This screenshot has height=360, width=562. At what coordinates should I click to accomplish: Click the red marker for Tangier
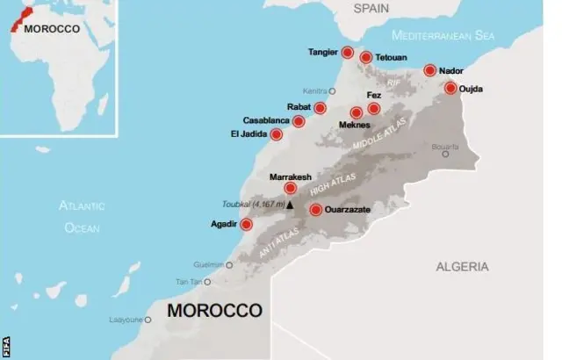pos(348,53)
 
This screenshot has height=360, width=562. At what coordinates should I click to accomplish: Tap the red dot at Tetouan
pos(366,58)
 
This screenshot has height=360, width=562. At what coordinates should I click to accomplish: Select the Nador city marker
pos(430,70)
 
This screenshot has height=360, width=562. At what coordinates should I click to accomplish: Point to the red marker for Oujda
pos(450,88)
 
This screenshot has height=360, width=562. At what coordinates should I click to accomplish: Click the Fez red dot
pos(374,109)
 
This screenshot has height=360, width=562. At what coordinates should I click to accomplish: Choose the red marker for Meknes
pos(356,112)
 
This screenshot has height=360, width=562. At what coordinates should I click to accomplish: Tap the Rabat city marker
pos(321,108)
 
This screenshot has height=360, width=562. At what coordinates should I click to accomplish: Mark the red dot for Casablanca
pos(299,121)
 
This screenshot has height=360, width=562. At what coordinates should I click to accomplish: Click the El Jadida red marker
pos(277,134)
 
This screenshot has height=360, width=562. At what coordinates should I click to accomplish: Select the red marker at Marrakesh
pos(290,187)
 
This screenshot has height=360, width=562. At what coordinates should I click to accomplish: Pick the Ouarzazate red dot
pos(315,209)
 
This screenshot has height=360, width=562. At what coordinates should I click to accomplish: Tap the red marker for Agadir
pos(246,225)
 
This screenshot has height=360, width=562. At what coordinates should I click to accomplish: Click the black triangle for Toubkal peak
pos(290,205)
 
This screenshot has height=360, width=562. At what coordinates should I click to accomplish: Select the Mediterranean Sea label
pos(443,36)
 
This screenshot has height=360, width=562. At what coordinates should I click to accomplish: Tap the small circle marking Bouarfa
pos(445,154)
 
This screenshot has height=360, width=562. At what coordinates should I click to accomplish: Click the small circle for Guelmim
pos(230,263)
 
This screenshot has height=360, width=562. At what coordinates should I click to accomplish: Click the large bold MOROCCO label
pos(215,311)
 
